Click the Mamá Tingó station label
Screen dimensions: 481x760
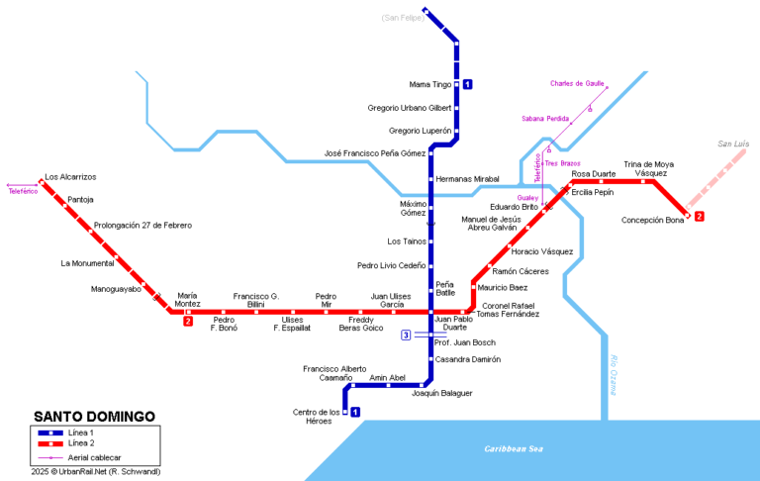430,84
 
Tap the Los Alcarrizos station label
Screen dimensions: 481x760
70,176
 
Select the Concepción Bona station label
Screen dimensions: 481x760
652,220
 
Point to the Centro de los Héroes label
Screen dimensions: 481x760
317,417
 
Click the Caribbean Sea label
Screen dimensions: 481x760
514,448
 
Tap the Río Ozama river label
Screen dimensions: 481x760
614,376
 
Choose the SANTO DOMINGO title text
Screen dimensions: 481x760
94,417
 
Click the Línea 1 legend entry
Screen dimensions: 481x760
83,433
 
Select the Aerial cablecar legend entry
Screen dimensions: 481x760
96,458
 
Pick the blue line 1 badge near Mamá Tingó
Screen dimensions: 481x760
467,84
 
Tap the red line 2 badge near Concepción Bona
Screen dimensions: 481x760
699,216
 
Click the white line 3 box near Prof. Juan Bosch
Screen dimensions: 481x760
406,336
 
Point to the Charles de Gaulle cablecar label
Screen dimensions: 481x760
577,84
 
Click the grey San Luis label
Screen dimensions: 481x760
733,144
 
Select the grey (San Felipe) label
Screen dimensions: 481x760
402,18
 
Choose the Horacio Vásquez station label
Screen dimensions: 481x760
541,251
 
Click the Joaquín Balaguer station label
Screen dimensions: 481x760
441,393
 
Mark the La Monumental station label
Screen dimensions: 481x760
86,263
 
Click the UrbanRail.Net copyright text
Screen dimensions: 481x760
95,472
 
